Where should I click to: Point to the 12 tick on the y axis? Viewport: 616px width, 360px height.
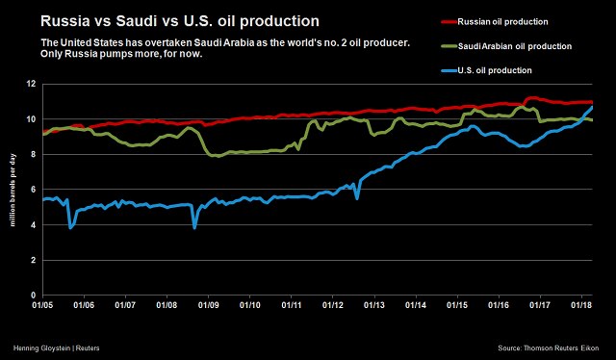(31, 84)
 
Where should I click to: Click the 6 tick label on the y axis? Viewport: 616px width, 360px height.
(33, 190)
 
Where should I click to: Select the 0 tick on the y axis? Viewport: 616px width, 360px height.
(33, 296)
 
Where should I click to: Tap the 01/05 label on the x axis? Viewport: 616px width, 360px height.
(40, 305)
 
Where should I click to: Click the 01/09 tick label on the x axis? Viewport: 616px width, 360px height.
(208, 305)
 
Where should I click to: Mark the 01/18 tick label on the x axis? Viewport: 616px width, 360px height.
(580, 305)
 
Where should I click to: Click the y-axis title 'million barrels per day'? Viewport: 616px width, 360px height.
(13, 190)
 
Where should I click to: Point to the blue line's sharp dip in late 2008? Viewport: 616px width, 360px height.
(194, 227)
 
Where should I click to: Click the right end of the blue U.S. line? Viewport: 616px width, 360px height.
(591, 107)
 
